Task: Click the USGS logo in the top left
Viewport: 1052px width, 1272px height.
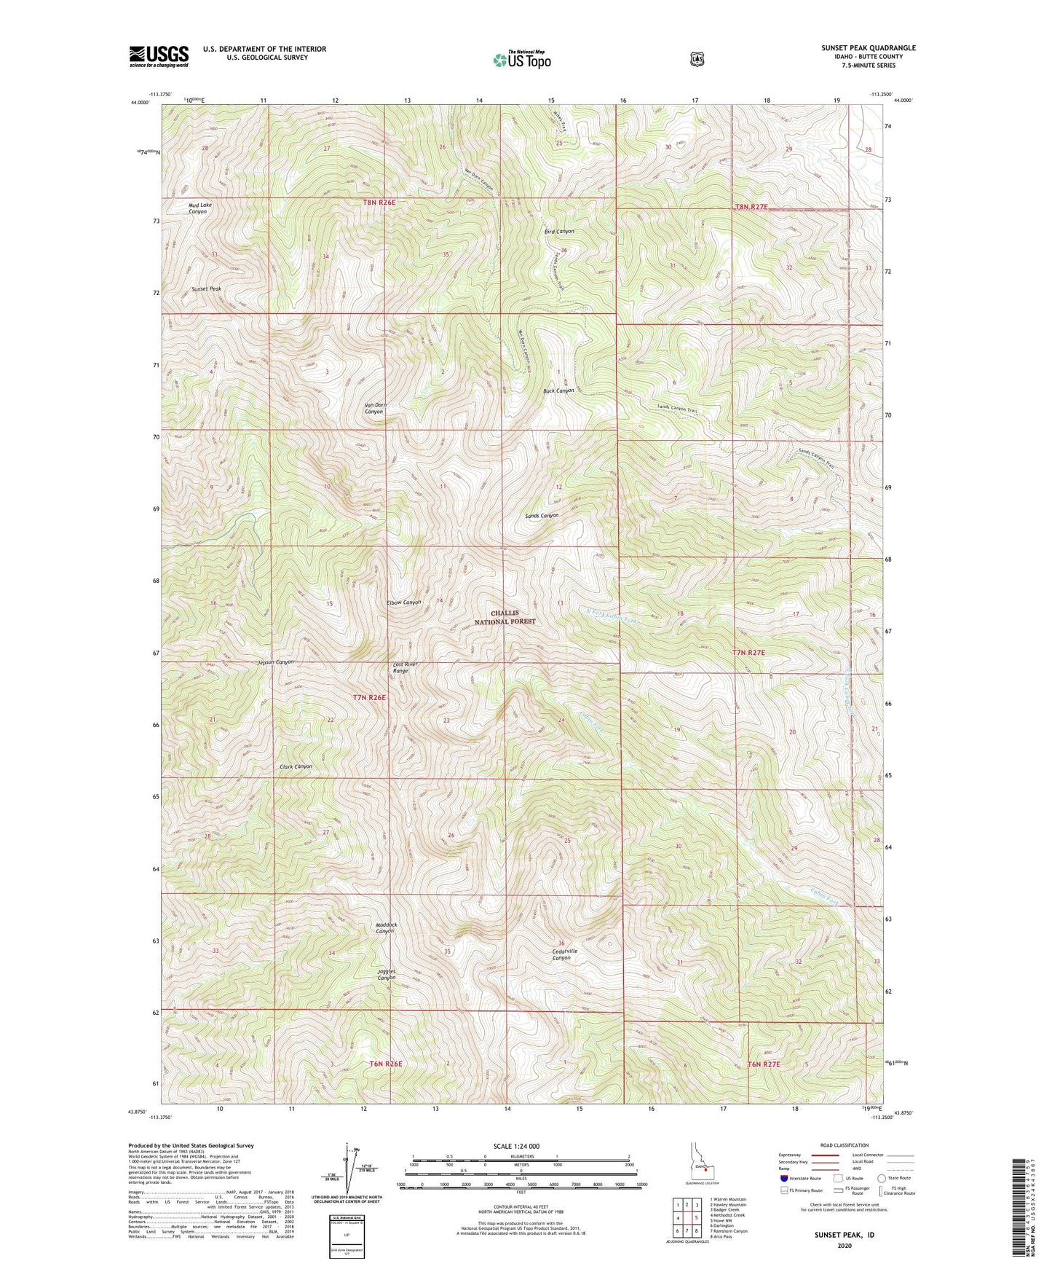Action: (x=159, y=56)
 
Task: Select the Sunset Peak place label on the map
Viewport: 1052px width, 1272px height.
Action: (x=206, y=289)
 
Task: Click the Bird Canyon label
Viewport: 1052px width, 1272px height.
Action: (x=559, y=232)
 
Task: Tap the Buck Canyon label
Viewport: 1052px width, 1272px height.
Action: (x=559, y=391)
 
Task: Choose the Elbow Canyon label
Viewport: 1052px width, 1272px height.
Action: (x=404, y=602)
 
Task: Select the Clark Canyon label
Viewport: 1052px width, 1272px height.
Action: (x=296, y=766)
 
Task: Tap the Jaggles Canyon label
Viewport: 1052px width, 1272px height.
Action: (x=386, y=974)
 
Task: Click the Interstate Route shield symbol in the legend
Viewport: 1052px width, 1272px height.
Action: (x=783, y=1178)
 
